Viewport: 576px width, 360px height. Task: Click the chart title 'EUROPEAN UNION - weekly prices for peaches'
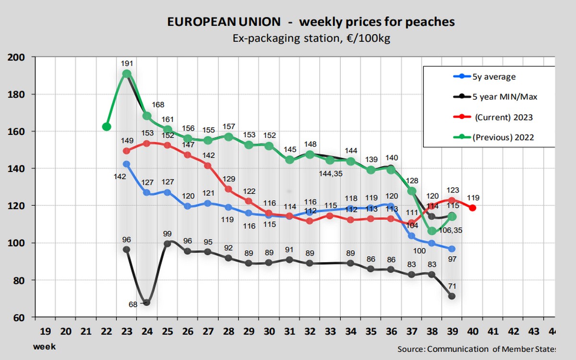click(x=311, y=22)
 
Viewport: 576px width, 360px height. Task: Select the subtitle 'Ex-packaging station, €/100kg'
click(x=311, y=38)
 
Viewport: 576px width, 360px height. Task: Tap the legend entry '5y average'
click(x=494, y=76)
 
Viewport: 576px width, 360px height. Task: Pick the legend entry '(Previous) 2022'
click(x=503, y=137)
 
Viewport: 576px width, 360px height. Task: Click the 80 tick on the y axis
click(x=20, y=280)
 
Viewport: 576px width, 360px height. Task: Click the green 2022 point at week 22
click(x=107, y=127)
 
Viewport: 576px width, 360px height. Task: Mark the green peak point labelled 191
click(x=127, y=74)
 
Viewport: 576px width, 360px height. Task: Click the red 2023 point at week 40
click(x=472, y=208)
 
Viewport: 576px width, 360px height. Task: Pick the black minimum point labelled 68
click(x=147, y=302)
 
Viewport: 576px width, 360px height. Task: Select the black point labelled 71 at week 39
click(x=452, y=296)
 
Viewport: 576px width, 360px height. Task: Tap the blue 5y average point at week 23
click(x=127, y=164)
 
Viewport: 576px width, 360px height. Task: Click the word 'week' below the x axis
click(x=44, y=346)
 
